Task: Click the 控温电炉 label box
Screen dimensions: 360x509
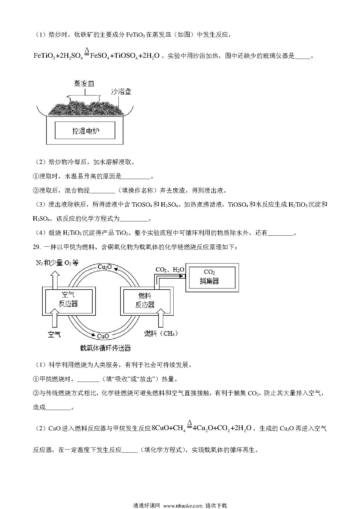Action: [x=85, y=130]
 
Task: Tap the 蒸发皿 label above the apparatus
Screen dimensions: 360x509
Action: [x=84, y=84]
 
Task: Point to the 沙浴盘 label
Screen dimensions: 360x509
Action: [x=121, y=92]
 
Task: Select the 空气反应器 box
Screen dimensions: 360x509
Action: [x=68, y=300]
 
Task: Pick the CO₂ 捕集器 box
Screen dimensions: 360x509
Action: [x=212, y=277]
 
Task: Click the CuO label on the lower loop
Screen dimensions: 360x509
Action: [x=103, y=336]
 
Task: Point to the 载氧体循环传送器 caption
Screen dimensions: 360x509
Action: [x=105, y=348]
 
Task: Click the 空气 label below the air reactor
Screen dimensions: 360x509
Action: [x=54, y=334]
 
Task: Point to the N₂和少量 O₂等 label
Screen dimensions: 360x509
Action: [x=57, y=263]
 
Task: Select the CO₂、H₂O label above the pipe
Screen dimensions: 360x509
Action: [x=170, y=270]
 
